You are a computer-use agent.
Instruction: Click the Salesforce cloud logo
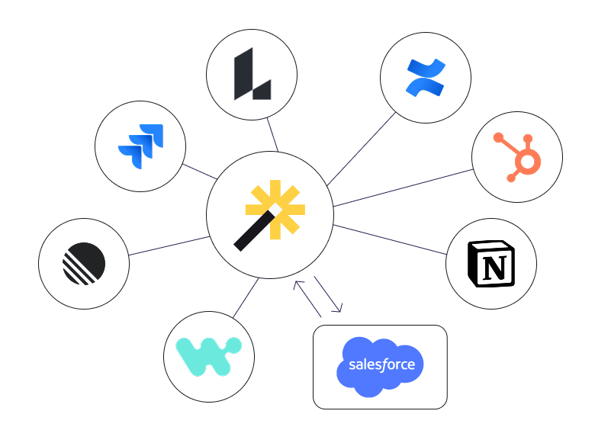(380, 367)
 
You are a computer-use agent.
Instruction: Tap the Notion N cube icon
(491, 264)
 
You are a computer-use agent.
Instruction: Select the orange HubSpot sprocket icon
(518, 157)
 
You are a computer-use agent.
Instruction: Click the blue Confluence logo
(426, 78)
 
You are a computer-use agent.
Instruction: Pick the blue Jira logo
(141, 146)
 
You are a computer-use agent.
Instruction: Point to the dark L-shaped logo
(252, 74)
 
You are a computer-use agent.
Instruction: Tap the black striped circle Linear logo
(84, 264)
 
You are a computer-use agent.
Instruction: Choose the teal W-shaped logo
(209, 357)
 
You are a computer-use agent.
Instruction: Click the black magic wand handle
(254, 231)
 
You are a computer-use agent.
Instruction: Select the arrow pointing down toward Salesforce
(328, 294)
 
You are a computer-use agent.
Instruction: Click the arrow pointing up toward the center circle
(307, 299)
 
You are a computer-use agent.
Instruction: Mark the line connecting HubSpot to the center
(404, 188)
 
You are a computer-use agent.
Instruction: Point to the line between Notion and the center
(390, 239)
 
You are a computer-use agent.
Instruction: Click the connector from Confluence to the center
(362, 149)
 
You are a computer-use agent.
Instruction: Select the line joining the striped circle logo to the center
(169, 245)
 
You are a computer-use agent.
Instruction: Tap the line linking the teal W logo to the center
(246, 298)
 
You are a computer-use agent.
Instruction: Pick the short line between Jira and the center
(200, 172)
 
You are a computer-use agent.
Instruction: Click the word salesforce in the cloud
(381, 364)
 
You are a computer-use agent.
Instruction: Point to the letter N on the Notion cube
(495, 268)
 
